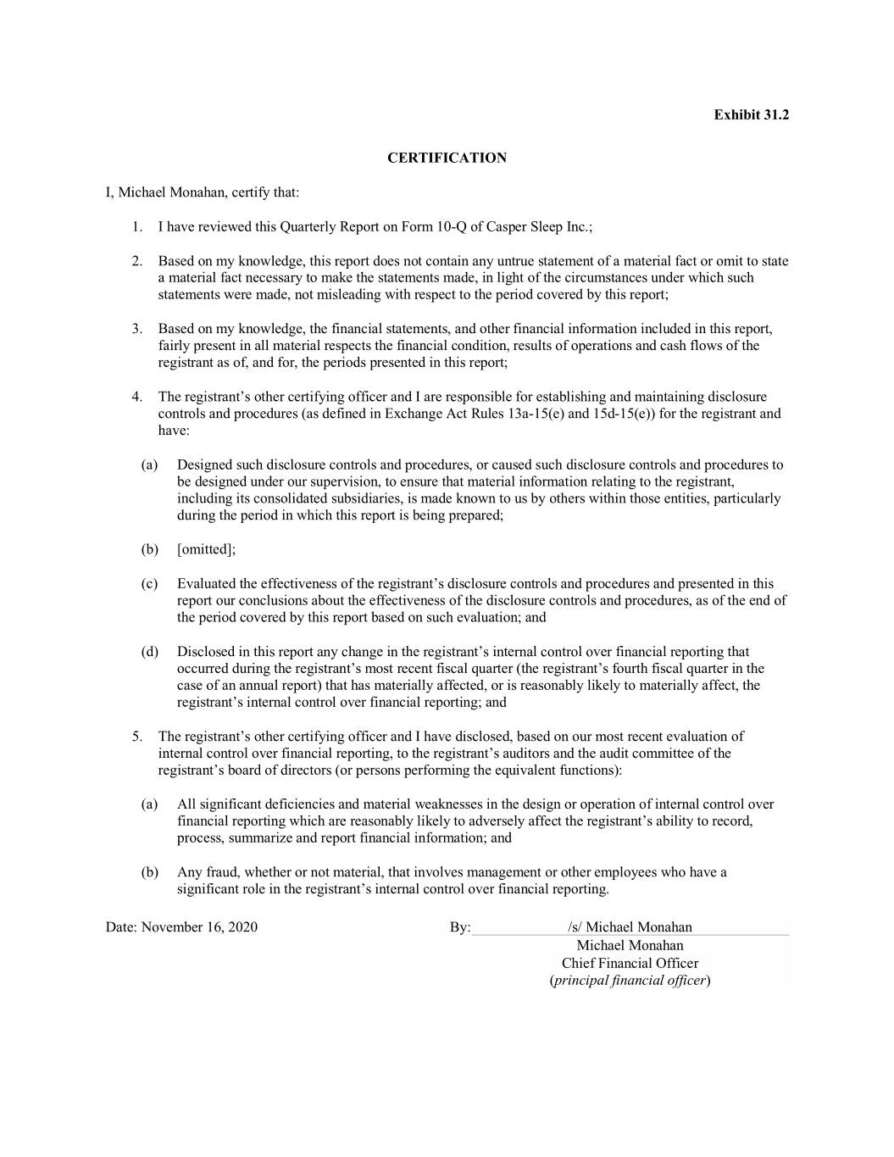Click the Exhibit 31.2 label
point(751,114)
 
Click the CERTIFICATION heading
point(447,158)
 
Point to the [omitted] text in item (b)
point(205,549)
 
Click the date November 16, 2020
point(199,926)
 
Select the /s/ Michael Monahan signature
point(630,926)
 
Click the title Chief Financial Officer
point(630,963)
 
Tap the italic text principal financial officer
point(630,981)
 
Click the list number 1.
point(136,226)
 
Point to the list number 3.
point(136,328)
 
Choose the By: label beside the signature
point(459,927)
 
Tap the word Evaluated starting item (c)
point(206,583)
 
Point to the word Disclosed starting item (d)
point(206,652)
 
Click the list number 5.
point(136,737)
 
